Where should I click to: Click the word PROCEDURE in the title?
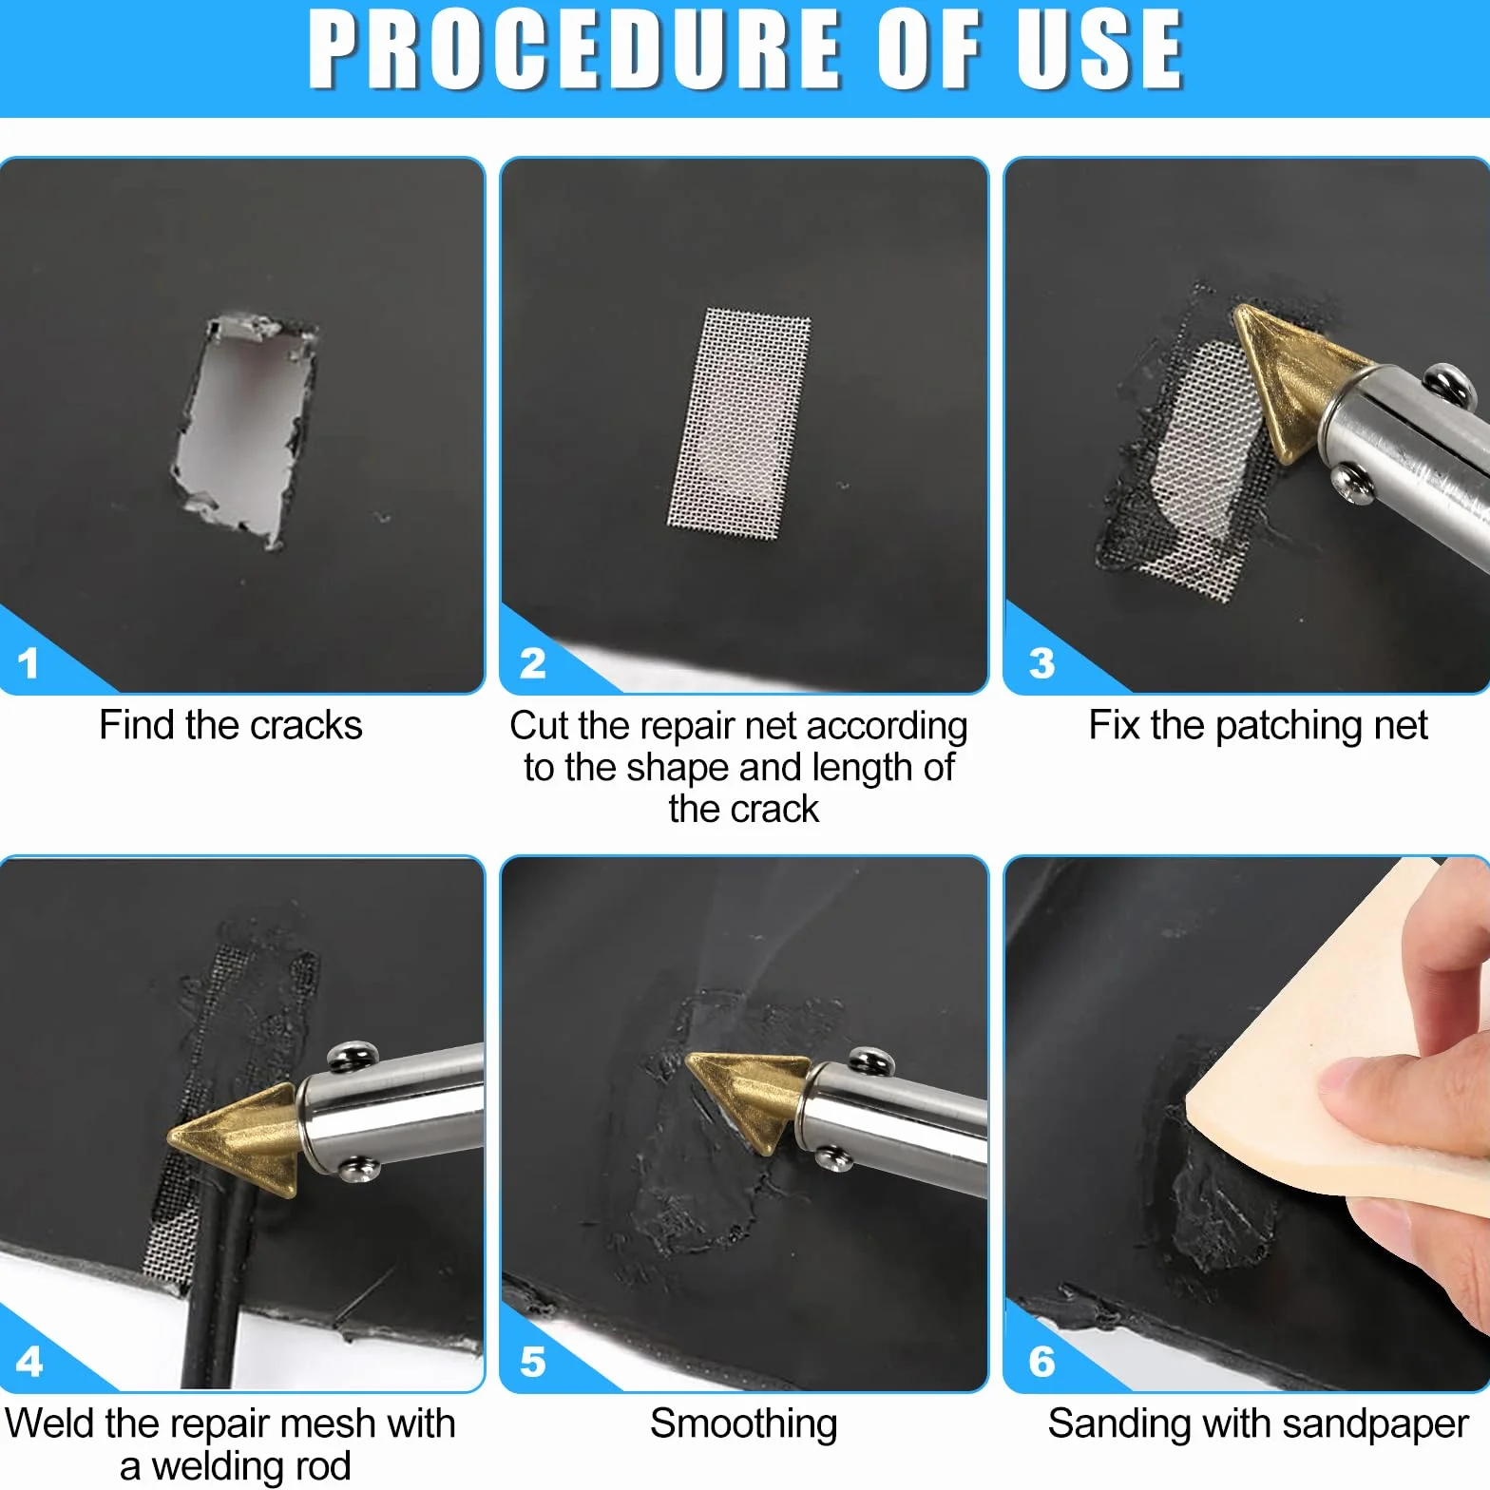click(575, 49)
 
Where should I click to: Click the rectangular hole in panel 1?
click(243, 430)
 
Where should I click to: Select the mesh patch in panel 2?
click(739, 418)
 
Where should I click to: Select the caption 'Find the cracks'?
click(231, 726)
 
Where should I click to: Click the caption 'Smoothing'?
click(744, 1424)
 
